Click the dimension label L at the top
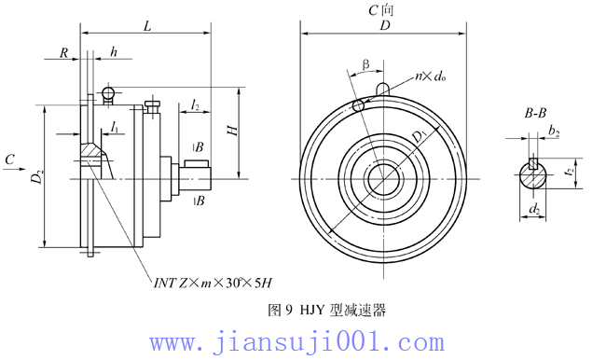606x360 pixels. coord(147,28)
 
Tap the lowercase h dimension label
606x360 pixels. coord(114,53)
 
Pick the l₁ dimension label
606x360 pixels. coord(113,124)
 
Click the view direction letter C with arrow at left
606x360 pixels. coord(9,161)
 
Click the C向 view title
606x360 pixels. coord(383,9)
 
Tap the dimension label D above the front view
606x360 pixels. coord(384,28)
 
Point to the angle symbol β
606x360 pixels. coord(365,65)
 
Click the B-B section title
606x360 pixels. coord(534,113)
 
